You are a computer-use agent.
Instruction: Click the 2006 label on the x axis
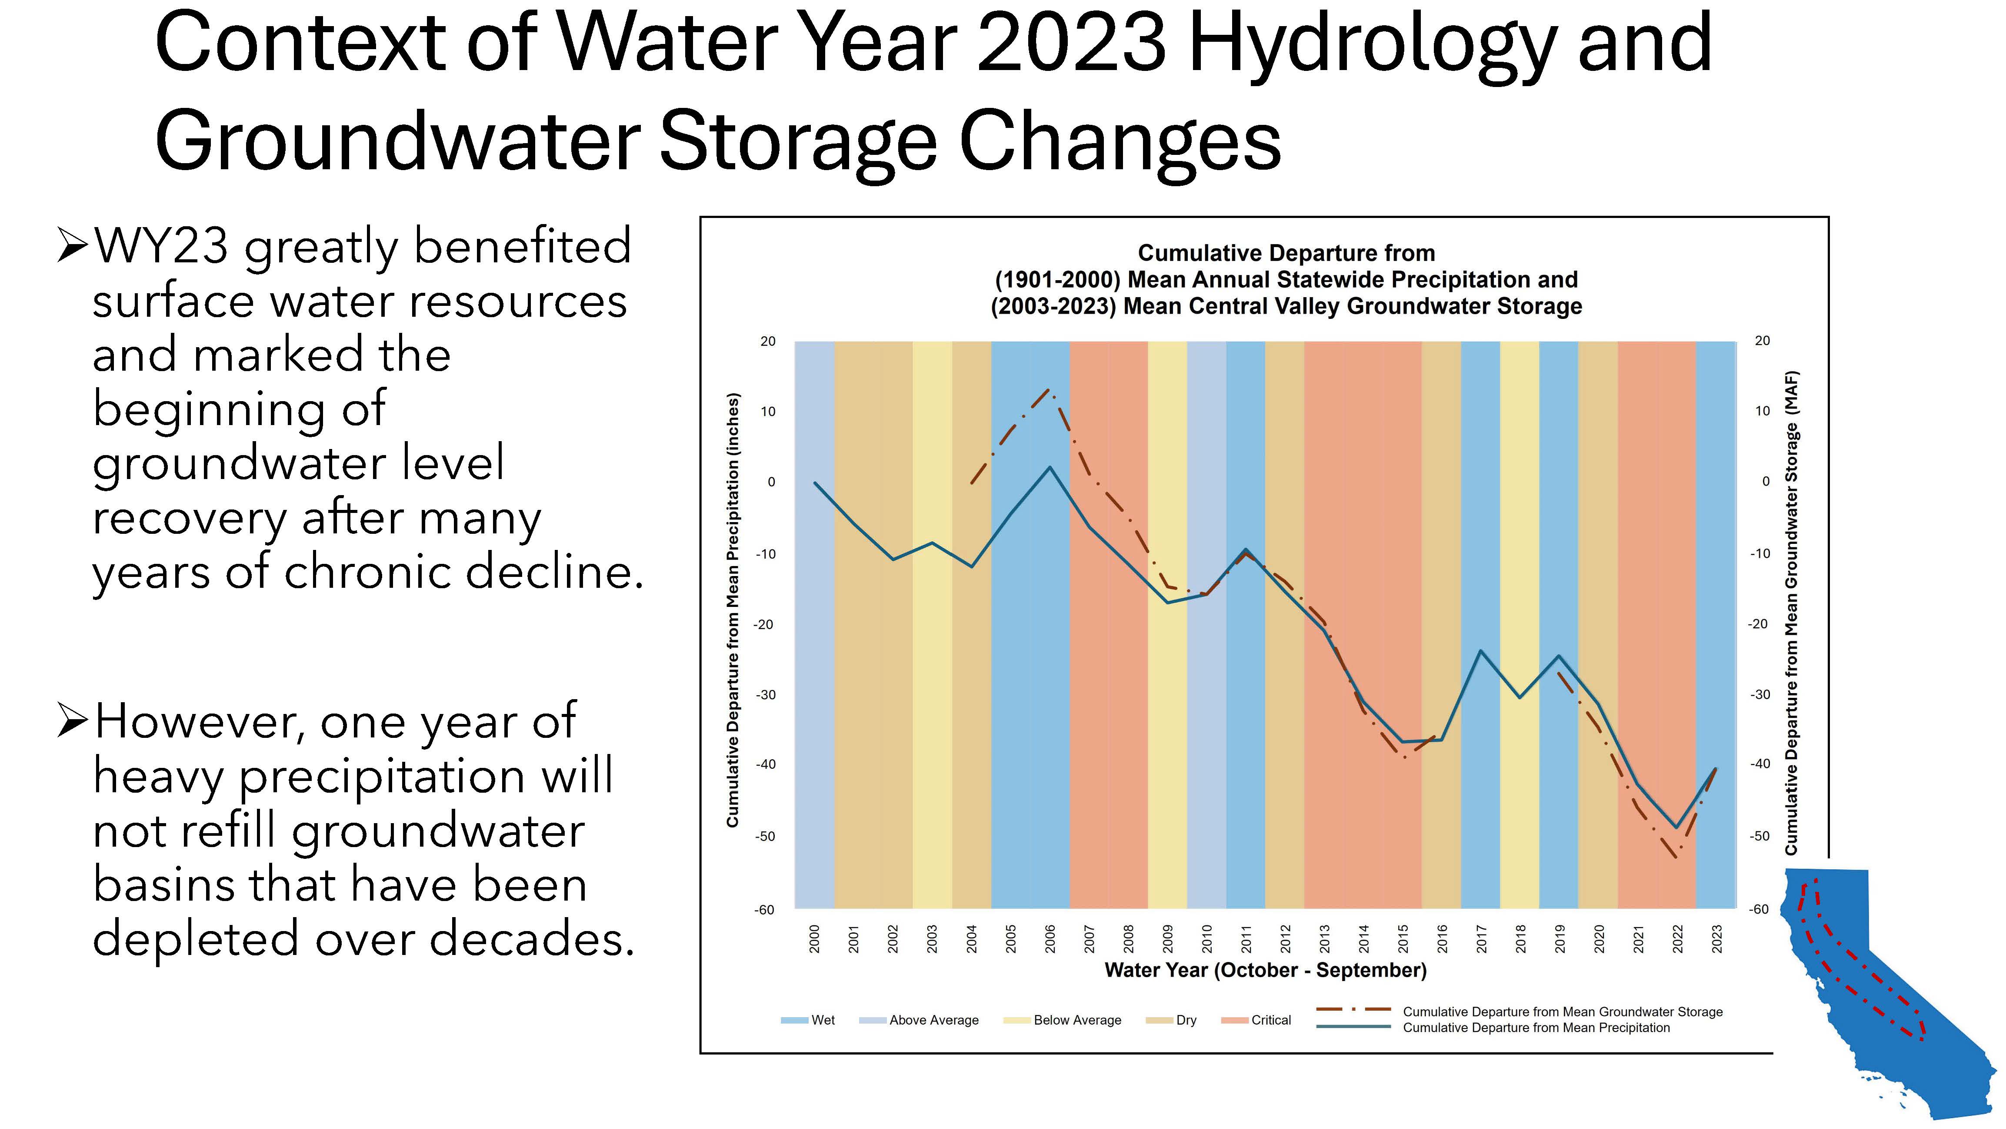pyautogui.click(x=1050, y=939)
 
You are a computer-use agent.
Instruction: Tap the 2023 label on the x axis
pyautogui.click(x=1717, y=939)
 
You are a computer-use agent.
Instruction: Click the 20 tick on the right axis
pyautogui.click(x=1762, y=341)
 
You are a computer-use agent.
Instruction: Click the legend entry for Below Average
pyautogui.click(x=1062, y=1020)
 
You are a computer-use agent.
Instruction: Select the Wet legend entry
pyautogui.click(x=807, y=1020)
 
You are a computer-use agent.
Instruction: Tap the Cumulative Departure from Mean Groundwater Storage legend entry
pyautogui.click(x=1519, y=1012)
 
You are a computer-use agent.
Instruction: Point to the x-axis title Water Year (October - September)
pyautogui.click(x=1266, y=970)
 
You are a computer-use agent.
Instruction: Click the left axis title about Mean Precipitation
pyautogui.click(x=732, y=610)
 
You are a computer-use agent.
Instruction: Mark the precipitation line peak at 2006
pyautogui.click(x=1050, y=468)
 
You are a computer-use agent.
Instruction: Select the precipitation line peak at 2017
pyautogui.click(x=1480, y=650)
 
